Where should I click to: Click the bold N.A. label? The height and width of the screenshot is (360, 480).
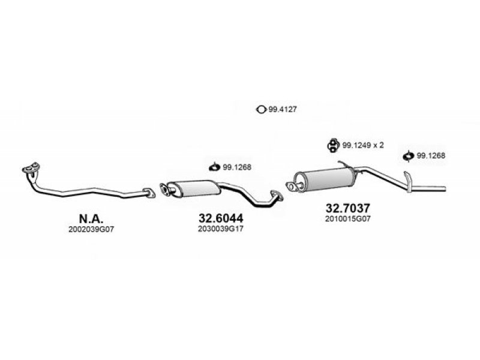tap(91, 218)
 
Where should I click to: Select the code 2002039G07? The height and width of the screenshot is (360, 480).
tap(91, 230)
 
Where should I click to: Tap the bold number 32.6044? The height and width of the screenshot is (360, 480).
tap(221, 218)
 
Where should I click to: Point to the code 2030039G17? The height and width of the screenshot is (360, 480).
tap(220, 229)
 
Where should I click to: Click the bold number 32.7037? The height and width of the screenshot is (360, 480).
tap(348, 208)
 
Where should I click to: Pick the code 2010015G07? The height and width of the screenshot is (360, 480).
tap(348, 219)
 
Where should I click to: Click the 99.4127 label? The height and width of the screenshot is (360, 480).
tap(283, 109)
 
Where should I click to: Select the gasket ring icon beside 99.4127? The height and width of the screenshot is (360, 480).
tap(261, 109)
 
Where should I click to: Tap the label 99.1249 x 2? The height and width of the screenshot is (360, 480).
tap(363, 145)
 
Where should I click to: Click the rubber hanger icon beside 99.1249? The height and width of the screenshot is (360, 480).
tap(332, 145)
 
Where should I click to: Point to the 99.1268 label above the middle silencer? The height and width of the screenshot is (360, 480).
tap(237, 167)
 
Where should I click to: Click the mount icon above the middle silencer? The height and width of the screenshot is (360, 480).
tap(214, 167)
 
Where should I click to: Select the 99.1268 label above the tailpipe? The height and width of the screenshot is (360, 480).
tap(431, 155)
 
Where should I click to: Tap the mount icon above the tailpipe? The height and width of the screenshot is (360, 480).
tap(409, 156)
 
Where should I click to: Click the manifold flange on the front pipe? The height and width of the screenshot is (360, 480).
tap(31, 168)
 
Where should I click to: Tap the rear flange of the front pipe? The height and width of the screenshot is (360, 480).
tap(149, 193)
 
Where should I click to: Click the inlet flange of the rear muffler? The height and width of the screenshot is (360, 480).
tap(293, 187)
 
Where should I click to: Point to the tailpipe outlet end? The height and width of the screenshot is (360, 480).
tap(445, 188)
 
